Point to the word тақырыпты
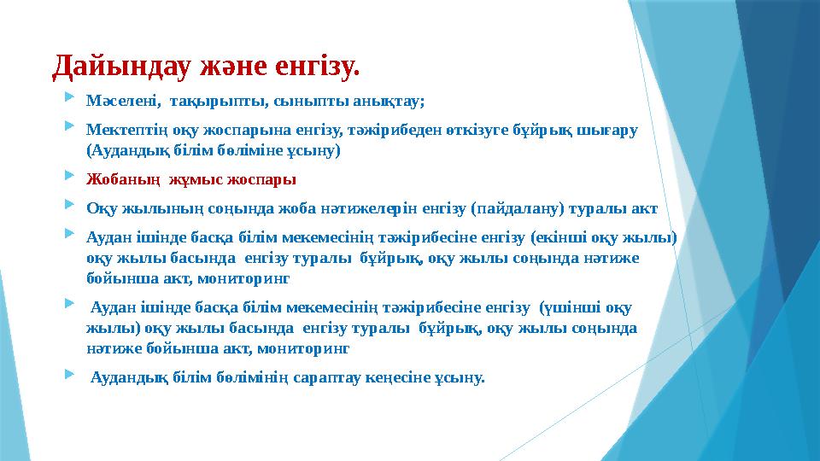pyautogui.click(x=208, y=101)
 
